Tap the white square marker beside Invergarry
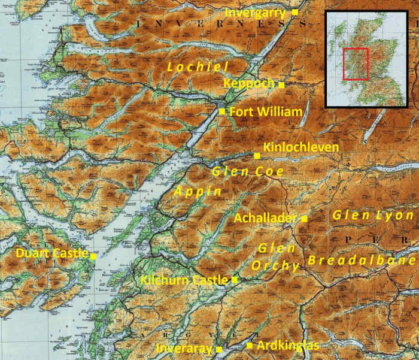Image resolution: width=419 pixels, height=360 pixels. [295, 12]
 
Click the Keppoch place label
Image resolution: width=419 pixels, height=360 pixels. [248, 83]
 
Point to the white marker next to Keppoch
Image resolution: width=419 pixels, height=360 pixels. [281, 84]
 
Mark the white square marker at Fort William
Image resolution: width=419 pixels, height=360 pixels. [222, 111]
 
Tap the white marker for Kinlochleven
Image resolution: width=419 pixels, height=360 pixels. [257, 156]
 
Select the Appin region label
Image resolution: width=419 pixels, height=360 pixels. [198, 192]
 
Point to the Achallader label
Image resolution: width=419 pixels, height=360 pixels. [265, 217]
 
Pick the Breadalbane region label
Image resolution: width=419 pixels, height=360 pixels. [361, 261]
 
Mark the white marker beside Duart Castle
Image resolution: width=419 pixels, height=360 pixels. [93, 256]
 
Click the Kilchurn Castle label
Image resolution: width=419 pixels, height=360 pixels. [184, 280]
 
